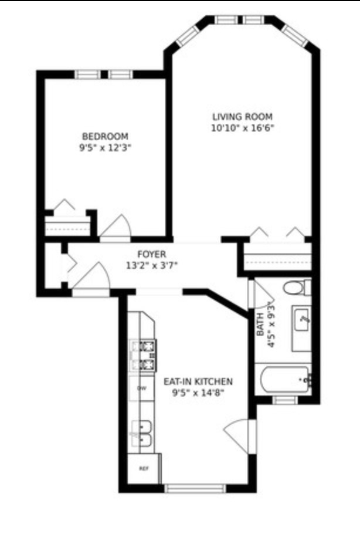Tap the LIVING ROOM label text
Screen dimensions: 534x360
point(242,116)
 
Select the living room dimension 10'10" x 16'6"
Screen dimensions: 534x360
point(242,128)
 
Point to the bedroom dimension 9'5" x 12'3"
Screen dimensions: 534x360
point(106,148)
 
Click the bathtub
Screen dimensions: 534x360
point(283,380)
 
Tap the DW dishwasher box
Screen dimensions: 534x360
point(141,388)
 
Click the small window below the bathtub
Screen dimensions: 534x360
point(283,400)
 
